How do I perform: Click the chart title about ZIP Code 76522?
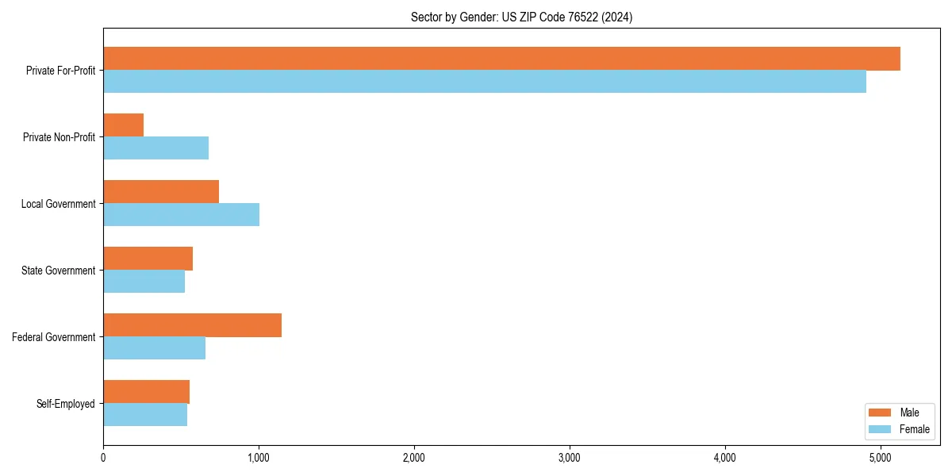pos(521,17)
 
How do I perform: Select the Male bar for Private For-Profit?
pos(501,59)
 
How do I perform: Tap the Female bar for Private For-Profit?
pos(485,82)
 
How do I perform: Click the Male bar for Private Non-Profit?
pos(124,125)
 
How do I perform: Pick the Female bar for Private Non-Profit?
pos(156,148)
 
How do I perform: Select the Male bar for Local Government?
pos(161,192)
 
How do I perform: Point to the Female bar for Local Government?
pos(182,215)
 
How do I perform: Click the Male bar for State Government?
pos(148,259)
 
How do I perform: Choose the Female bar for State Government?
pos(144,282)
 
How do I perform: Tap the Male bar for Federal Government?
pos(193,325)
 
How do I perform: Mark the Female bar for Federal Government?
pos(155,348)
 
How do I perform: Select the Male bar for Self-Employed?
pos(147,392)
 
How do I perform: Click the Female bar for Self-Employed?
pos(145,415)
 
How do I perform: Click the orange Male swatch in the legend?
pos(881,413)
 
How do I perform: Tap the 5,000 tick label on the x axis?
pos(881,458)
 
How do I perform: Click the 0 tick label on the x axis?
pos(103,458)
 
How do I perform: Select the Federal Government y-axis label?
pos(54,337)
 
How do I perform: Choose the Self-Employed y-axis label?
pos(66,404)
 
